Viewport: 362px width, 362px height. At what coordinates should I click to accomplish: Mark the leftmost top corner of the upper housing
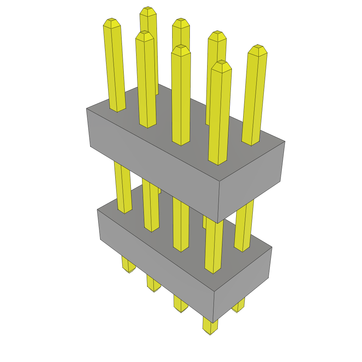pos(87,109)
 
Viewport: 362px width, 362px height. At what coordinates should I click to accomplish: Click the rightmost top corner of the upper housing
pos(285,141)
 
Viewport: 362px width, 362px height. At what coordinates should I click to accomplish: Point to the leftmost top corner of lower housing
pos(98,209)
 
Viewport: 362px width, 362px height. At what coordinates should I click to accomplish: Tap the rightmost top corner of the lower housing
pos(272,247)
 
